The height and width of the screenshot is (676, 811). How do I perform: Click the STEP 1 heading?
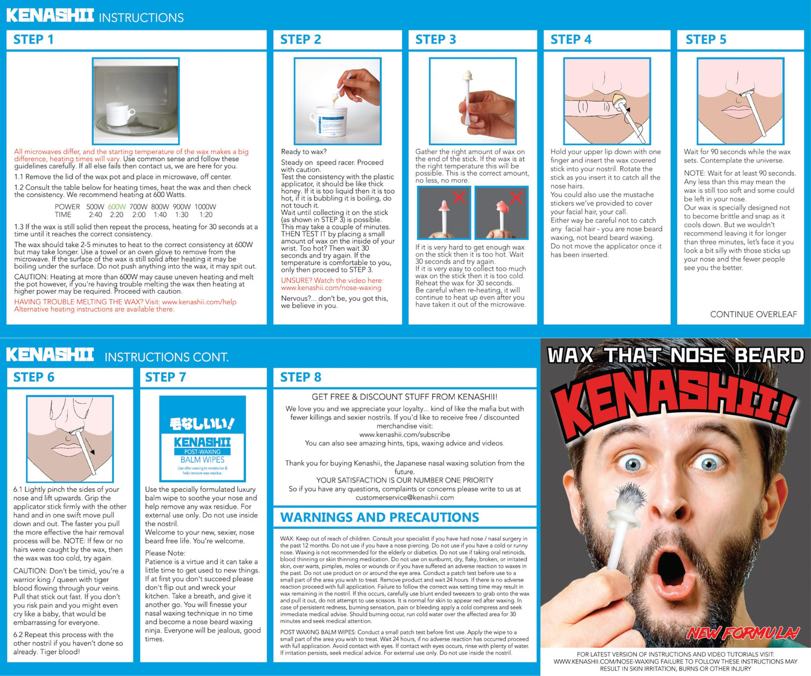click(x=34, y=40)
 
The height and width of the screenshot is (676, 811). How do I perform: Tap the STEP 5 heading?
click(x=705, y=40)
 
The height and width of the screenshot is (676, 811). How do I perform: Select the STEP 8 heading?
click(x=301, y=377)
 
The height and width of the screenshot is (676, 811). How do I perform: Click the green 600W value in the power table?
click(x=117, y=207)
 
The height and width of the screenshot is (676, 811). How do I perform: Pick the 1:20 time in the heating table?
click(x=206, y=215)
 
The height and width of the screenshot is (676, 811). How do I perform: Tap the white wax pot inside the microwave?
click(x=119, y=114)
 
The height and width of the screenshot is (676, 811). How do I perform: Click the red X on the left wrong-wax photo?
click(x=459, y=197)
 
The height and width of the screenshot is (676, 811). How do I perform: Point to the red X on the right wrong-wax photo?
click(x=516, y=197)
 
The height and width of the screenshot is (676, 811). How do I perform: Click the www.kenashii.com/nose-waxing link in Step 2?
click(x=331, y=288)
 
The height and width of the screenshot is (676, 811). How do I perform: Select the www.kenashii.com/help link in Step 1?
click(x=199, y=302)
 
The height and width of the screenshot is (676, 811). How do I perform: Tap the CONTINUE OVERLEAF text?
click(x=754, y=314)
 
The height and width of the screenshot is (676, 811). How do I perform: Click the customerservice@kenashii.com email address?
click(x=404, y=497)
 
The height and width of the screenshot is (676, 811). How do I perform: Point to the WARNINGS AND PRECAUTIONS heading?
click(x=379, y=518)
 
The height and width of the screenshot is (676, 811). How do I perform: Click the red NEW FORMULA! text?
click(x=743, y=633)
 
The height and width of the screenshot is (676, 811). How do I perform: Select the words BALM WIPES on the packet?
click(x=203, y=460)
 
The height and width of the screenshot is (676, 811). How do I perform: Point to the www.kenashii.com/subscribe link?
click(x=404, y=435)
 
